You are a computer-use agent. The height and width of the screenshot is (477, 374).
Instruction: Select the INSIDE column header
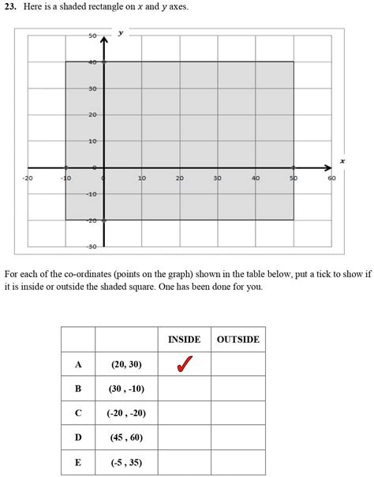[x=184, y=340]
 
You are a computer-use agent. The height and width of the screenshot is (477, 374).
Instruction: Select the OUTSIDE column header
[x=237, y=340]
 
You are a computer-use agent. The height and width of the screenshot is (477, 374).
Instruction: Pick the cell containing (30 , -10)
[x=126, y=389]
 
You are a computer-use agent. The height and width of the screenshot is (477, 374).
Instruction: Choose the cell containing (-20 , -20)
[x=126, y=413]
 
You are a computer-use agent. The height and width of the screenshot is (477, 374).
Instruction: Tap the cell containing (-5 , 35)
[x=126, y=462]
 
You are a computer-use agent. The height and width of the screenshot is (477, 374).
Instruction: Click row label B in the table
[x=78, y=389]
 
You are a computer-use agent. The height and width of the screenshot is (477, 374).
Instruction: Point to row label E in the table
[x=78, y=462]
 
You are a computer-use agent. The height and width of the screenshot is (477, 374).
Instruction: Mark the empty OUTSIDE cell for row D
[x=237, y=438]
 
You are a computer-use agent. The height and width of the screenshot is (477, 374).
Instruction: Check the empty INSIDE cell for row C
[x=184, y=413]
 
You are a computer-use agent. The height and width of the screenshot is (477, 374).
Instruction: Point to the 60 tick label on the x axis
[x=331, y=178]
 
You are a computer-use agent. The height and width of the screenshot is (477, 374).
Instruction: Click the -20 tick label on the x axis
[x=28, y=178]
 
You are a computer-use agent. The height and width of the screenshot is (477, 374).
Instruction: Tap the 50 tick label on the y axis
[x=92, y=36]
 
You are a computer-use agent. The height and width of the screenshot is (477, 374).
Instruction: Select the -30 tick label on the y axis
[x=92, y=246]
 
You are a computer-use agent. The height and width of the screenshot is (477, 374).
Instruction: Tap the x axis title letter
[x=342, y=161]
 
